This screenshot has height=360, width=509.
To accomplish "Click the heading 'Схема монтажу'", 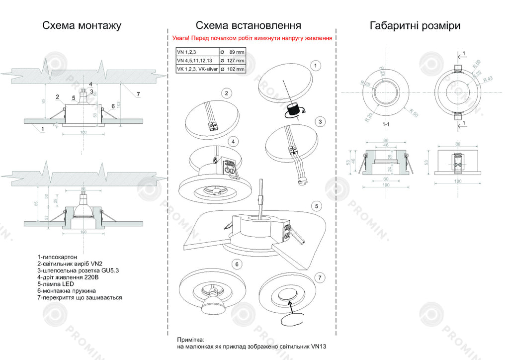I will pos(82,25).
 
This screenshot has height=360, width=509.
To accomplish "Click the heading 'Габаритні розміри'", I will pos(415,25).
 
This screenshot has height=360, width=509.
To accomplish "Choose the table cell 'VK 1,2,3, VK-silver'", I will pos(197,70).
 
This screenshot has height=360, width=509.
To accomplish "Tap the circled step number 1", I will pos(315,65).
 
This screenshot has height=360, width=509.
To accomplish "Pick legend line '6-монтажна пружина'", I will pos(66,291).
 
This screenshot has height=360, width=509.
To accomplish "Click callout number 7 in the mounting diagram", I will pos(138,94).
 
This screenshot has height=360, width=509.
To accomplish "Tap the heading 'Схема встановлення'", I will pos(248,25).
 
